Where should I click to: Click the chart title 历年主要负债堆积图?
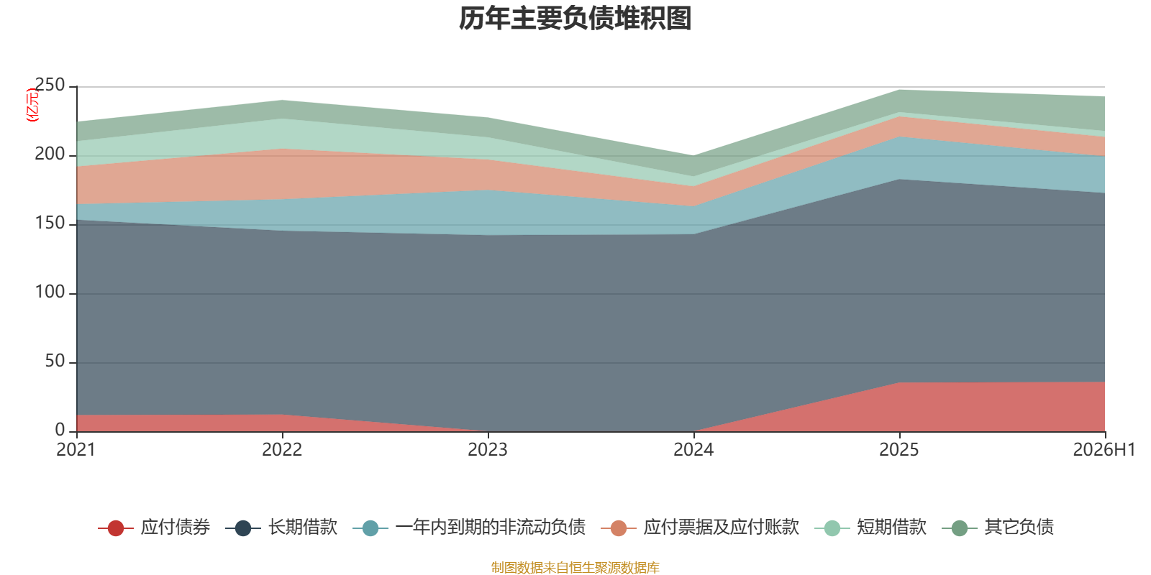(575, 19)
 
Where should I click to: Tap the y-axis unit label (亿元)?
(32, 105)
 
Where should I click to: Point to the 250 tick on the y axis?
(50, 86)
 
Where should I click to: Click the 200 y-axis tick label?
(50, 154)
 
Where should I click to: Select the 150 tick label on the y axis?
(50, 224)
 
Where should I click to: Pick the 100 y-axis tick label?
(50, 292)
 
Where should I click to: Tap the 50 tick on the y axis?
(55, 362)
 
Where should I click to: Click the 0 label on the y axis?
(60, 431)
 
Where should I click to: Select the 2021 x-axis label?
(76, 450)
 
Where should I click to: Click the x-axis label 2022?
(282, 450)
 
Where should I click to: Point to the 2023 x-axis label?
(488, 450)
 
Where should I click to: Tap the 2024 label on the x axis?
(693, 450)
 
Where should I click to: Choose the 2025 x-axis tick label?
(899, 450)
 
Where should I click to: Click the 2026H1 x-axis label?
(1104, 450)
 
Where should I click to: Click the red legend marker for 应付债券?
(116, 528)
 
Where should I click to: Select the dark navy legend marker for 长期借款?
(243, 528)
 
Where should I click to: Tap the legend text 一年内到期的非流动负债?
(490, 528)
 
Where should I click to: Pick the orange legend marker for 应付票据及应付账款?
(619, 528)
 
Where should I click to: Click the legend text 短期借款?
(891, 528)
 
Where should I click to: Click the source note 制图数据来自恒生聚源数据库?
(575, 567)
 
